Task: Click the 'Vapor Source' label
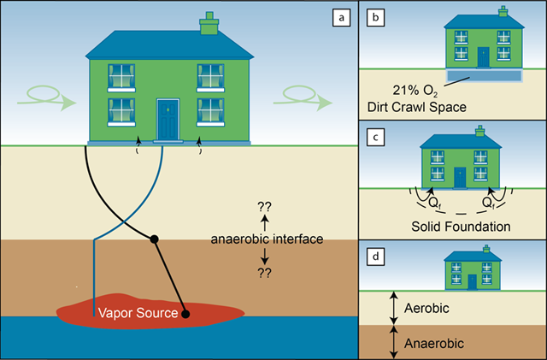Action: (140, 314)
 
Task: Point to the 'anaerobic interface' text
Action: (266, 239)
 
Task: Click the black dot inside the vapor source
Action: (185, 315)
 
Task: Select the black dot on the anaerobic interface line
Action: (154, 238)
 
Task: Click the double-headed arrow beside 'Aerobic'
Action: (394, 306)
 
